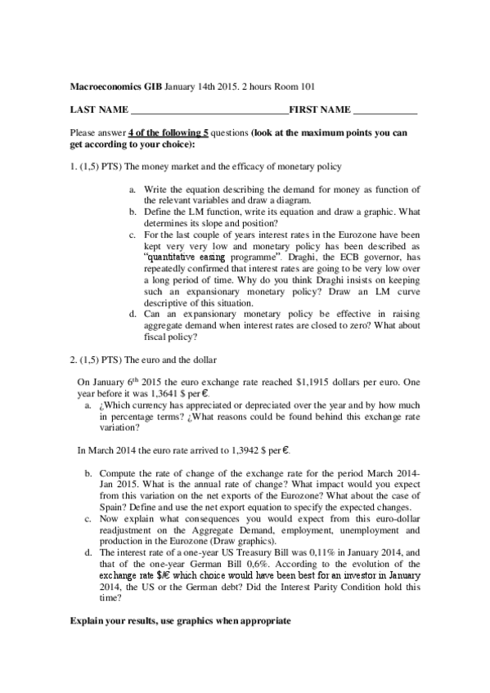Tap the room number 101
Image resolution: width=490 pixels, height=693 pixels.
[304, 85]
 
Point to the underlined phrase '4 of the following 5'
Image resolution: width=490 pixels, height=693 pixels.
[168, 132]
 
